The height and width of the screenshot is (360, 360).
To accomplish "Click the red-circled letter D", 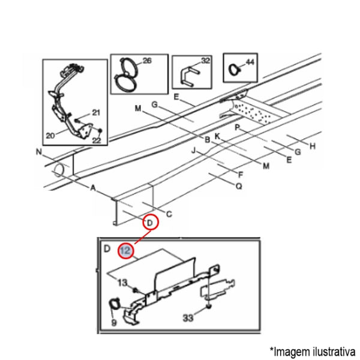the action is [149, 223].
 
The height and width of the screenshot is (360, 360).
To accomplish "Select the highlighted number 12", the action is [126, 250].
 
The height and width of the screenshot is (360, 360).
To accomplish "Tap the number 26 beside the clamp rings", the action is [147, 61].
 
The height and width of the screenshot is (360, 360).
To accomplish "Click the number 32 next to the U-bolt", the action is [205, 61].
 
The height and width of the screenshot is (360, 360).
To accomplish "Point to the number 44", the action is [250, 62].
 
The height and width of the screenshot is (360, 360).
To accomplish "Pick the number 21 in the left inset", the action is [96, 113].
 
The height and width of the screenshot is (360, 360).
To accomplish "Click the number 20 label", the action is [50, 136].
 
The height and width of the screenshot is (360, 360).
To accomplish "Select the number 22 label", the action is [97, 140].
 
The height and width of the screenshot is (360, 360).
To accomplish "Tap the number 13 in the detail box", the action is [122, 283].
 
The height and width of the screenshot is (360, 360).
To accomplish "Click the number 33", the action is [188, 318].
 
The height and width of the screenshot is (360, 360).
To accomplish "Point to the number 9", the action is [114, 323].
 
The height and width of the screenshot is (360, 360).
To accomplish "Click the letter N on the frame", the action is [39, 152].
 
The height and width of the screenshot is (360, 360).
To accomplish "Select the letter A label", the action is [93, 188].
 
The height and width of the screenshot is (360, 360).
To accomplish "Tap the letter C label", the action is [169, 214].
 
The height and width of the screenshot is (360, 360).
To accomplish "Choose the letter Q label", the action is [239, 186].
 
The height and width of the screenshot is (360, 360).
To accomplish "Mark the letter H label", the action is [313, 146].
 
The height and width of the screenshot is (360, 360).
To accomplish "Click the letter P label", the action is [238, 127].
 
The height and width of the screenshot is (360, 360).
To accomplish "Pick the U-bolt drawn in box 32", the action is [190, 76].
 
